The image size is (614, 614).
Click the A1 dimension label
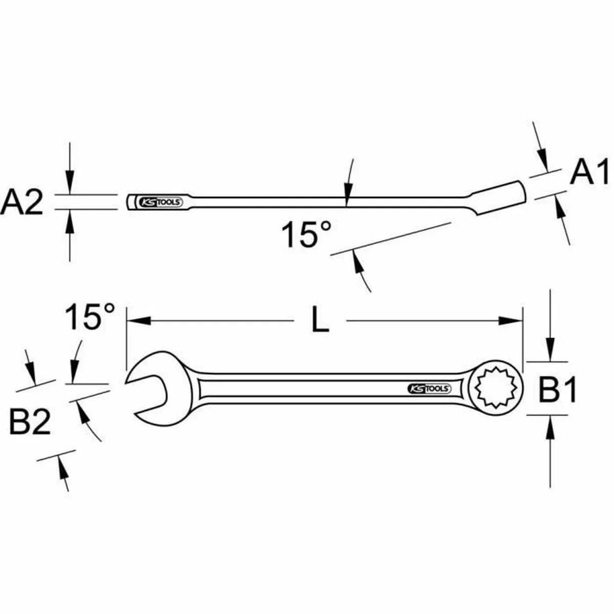pyautogui.click(x=590, y=172)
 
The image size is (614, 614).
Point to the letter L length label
pyautogui.click(x=320, y=321)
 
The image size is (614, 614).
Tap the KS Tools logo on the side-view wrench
pyautogui.click(x=159, y=202)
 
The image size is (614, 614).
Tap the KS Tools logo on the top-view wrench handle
pyautogui.click(x=429, y=389)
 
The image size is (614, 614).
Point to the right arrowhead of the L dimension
pyautogui.click(x=512, y=321)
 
